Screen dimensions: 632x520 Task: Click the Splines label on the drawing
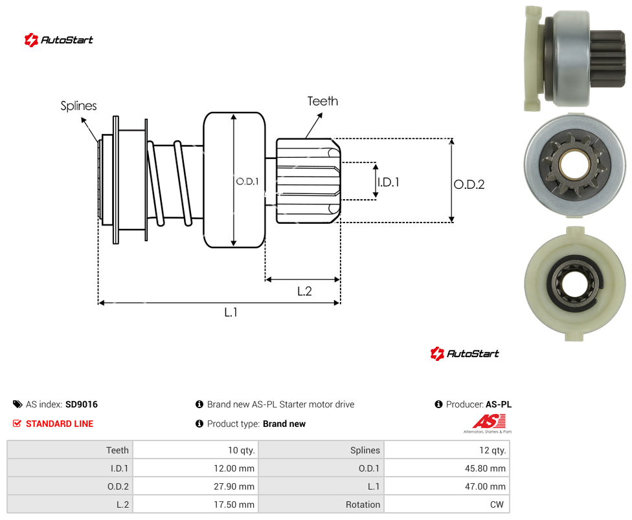click(78, 106)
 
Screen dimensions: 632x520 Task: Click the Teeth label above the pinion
click(323, 101)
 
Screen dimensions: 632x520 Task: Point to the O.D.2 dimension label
click(469, 184)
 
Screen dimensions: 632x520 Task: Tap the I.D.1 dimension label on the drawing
click(389, 182)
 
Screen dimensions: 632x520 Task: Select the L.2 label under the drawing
click(305, 291)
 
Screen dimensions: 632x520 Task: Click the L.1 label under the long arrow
click(231, 312)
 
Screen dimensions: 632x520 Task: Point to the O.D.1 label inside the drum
click(247, 182)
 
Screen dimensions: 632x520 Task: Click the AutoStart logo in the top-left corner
click(58, 40)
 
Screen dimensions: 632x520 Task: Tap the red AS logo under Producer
click(489, 422)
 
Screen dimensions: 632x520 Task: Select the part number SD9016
click(82, 404)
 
